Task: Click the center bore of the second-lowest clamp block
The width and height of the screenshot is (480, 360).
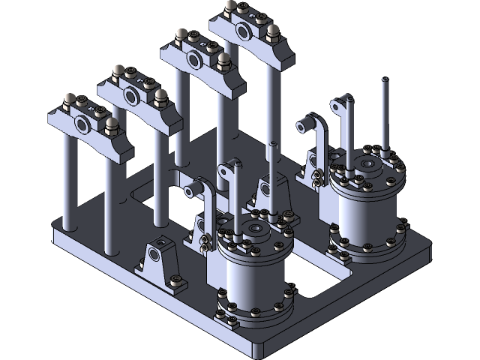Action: click(132, 94)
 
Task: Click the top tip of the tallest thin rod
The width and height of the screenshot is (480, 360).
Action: click(384, 79)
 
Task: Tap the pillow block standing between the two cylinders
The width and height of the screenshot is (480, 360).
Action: click(268, 187)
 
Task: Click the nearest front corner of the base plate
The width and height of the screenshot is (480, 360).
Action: click(259, 351)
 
